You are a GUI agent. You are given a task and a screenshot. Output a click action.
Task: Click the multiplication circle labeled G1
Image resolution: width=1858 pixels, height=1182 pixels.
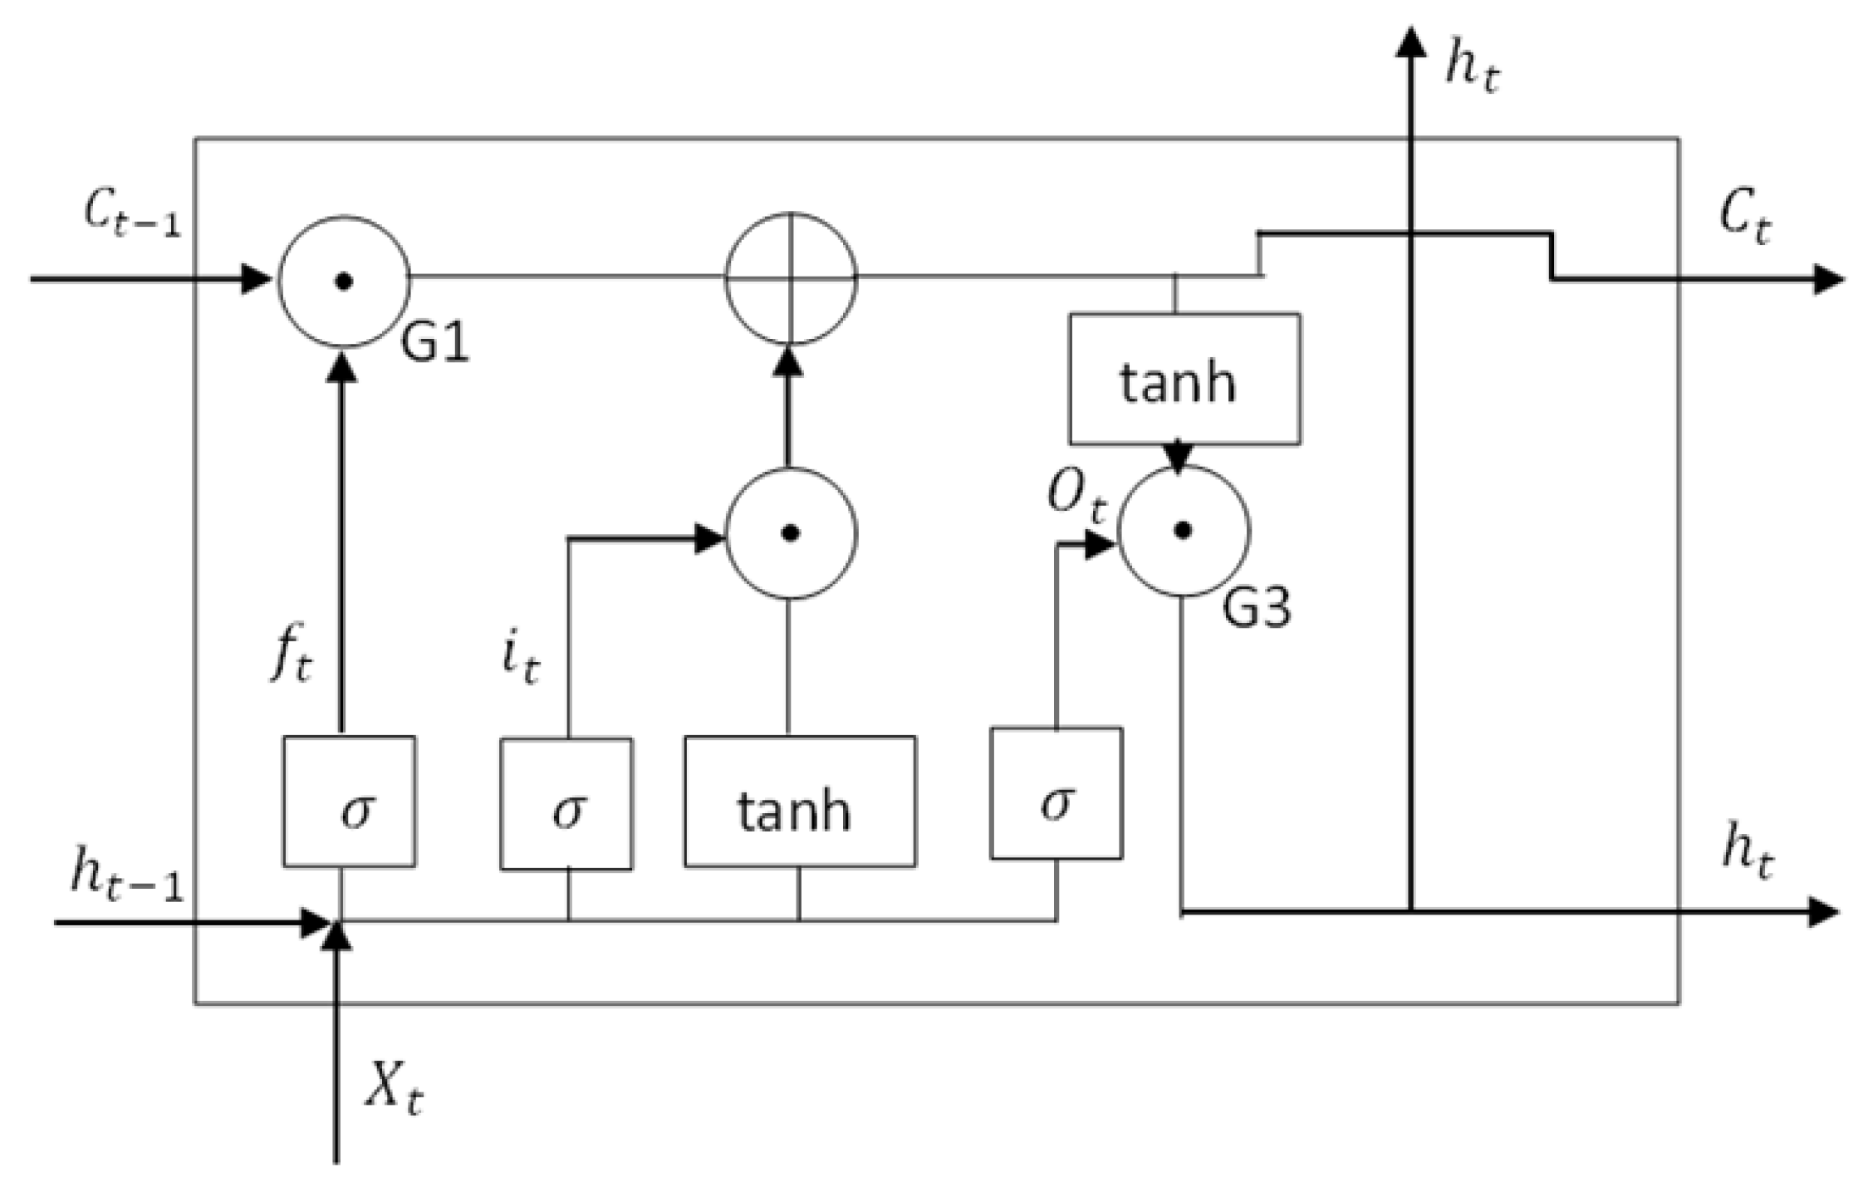343,281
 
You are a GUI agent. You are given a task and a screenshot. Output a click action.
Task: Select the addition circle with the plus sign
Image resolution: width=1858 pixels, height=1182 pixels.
790,278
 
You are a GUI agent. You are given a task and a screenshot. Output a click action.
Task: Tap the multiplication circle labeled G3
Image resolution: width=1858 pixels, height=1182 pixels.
1183,530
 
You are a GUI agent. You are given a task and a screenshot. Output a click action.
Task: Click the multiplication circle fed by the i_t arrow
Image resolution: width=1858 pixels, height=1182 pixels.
790,533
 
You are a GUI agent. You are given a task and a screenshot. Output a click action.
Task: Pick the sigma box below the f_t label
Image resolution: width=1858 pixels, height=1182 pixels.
349,802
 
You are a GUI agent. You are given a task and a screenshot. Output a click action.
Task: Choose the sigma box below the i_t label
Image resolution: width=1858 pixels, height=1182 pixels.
566,804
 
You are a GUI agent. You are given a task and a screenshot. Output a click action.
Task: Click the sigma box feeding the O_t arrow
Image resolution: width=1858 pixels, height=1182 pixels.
1056,793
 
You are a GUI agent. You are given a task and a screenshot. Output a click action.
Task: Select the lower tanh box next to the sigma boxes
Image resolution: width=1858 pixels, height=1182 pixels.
799,802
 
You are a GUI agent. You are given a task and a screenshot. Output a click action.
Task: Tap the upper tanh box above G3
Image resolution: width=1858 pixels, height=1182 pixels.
1184,379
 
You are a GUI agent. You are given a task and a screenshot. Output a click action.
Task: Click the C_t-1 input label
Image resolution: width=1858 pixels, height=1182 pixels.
131,214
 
